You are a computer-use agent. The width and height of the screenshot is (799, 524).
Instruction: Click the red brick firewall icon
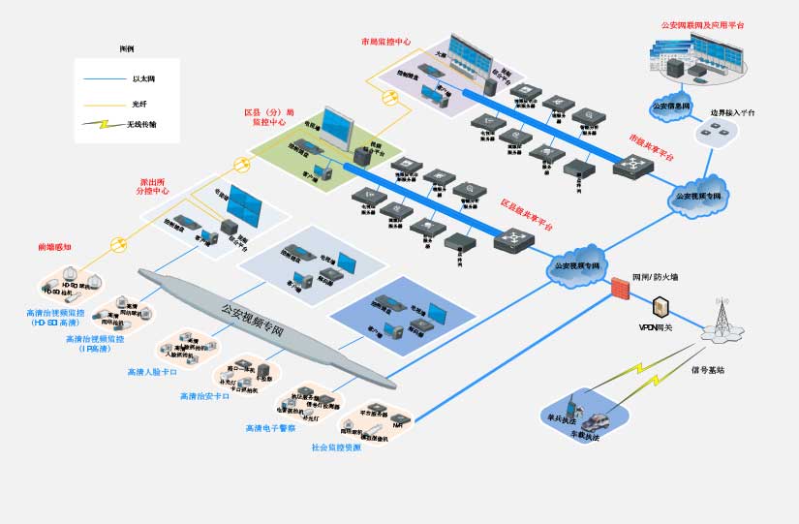click(x=620, y=287)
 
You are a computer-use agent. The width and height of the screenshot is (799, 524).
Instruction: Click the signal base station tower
click(x=720, y=316)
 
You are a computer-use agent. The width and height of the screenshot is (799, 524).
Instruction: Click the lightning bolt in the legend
click(x=95, y=125)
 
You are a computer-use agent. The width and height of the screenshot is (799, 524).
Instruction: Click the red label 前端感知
click(x=54, y=247)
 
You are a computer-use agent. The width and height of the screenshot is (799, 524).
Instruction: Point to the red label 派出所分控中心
click(x=156, y=186)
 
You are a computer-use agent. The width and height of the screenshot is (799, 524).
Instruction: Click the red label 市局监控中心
click(x=385, y=43)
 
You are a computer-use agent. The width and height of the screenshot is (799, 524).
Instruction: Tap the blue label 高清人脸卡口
click(x=152, y=372)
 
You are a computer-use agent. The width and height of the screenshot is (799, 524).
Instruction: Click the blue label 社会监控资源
click(x=336, y=447)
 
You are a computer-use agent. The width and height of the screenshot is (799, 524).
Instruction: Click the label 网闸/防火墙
click(x=655, y=277)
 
